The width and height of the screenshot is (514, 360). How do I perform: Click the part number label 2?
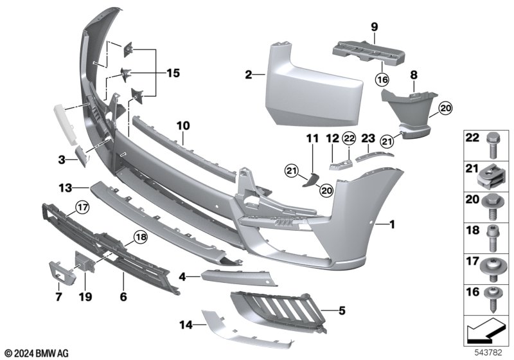(249, 75)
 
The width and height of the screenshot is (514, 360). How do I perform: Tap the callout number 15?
(173, 73)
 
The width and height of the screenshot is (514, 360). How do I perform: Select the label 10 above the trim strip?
(183, 125)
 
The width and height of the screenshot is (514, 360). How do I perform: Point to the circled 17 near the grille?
(82, 207)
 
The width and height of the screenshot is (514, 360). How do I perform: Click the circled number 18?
(140, 237)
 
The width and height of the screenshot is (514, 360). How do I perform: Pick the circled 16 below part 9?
(382, 79)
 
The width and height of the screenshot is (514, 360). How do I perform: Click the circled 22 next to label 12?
(349, 138)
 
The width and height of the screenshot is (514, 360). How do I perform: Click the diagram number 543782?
(488, 352)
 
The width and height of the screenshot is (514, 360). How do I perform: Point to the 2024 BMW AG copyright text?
(37, 354)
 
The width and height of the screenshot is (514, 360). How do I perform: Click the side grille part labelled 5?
(279, 311)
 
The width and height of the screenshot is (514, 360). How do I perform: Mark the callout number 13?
(66, 188)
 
